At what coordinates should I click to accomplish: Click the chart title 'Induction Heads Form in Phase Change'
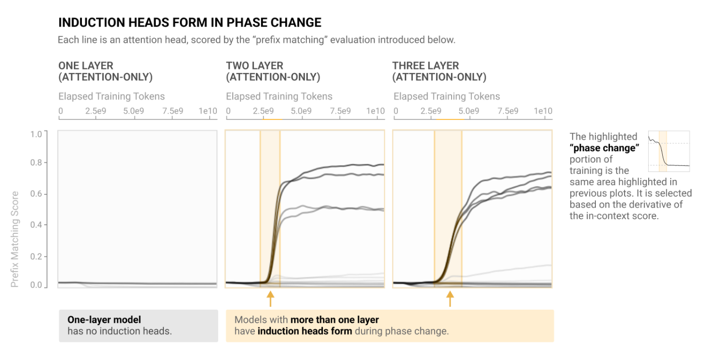tap(190, 23)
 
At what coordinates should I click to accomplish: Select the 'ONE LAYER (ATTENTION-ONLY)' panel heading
tap(106, 71)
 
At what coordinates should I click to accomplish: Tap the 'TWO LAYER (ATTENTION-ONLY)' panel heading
tap(273, 71)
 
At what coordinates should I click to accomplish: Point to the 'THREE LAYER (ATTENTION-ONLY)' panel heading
tap(439, 71)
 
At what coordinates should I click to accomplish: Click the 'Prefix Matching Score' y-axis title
tap(15, 239)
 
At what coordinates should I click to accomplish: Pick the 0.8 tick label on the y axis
tap(37, 163)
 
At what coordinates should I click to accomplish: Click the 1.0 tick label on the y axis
tap(37, 134)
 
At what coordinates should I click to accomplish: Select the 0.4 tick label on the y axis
tap(37, 225)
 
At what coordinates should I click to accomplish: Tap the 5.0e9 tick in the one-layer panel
tap(134, 111)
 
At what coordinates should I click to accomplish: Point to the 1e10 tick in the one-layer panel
tap(208, 111)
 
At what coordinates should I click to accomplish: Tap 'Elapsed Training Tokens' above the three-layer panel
tap(447, 97)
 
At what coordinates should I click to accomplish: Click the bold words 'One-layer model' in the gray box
tap(104, 320)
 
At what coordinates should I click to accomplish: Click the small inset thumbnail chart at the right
tap(669, 151)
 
